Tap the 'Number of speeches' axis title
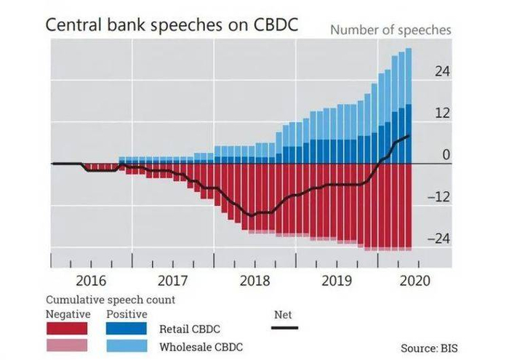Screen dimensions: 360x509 [391, 30]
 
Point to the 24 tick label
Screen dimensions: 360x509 [442, 71]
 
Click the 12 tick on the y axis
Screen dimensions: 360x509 [442, 113]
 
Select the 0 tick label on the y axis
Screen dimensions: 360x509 [446, 155]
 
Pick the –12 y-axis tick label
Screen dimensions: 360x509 [438, 197]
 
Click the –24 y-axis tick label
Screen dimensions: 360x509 [438, 239]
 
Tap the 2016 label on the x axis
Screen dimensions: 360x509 [91, 281]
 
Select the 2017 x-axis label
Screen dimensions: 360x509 [172, 281]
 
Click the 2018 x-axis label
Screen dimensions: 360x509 [254, 281]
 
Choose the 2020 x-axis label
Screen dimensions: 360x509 [415, 281]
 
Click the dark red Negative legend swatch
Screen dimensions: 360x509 [68, 328]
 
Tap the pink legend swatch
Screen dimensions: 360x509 [68, 345]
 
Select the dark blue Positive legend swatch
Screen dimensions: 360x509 [128, 328]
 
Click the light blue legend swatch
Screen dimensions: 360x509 [128, 345]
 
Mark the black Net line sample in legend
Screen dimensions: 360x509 [284, 328]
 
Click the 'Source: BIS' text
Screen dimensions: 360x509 [434, 348]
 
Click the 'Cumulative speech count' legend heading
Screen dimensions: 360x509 [111, 300]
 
